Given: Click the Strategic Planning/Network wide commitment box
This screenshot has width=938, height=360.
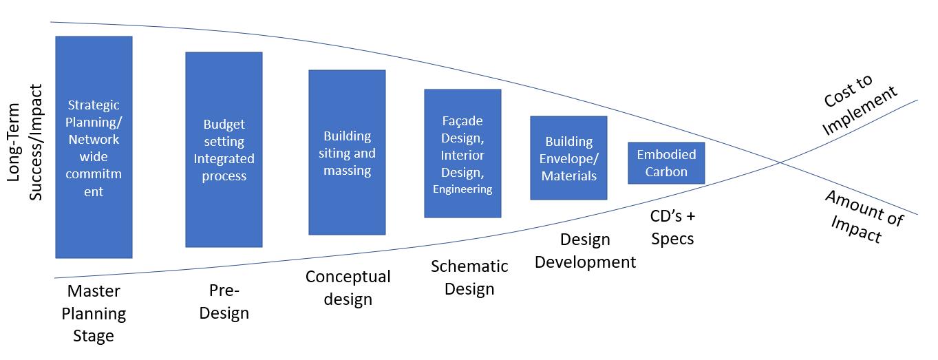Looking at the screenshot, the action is [x=94, y=147].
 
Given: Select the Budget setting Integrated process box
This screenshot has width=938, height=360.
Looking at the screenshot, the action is [x=224, y=149].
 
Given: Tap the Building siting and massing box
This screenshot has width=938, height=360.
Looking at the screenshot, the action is [x=347, y=153].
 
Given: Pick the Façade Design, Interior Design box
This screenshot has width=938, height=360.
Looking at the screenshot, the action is [x=462, y=153].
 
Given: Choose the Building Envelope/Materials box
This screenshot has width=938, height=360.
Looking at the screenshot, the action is [x=568, y=158].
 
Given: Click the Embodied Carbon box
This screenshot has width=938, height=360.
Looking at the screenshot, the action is [x=666, y=163].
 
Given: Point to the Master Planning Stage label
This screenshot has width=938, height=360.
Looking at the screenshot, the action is [x=94, y=314].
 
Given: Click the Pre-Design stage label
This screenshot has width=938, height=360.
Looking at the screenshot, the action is [x=224, y=302].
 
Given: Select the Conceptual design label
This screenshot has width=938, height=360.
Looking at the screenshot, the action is [x=348, y=288].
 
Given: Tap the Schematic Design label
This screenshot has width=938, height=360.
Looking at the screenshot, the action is [x=469, y=277].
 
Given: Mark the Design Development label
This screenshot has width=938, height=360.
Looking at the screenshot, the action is [x=585, y=251].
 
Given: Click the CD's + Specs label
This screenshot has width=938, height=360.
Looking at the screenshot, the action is [x=672, y=227].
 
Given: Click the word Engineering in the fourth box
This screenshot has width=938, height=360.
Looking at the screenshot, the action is [x=462, y=189].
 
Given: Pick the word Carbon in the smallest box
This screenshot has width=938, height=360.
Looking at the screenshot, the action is [x=666, y=171].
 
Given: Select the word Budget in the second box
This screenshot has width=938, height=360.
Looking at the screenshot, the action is [x=224, y=125].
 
